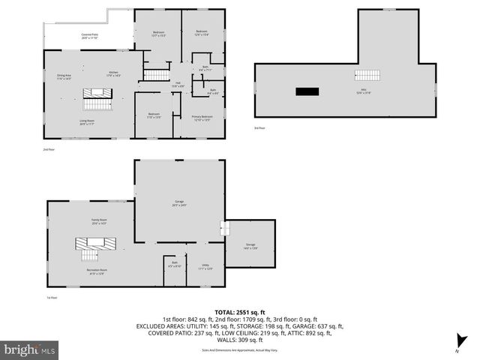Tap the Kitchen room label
(113, 73)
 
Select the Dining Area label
(64, 77)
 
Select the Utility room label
(205, 266)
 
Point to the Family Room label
(98, 221)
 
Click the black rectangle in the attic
(307, 91)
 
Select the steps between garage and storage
(223, 228)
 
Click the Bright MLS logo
(30, 349)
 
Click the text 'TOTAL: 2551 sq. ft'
(239, 312)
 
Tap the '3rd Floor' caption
(259, 128)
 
